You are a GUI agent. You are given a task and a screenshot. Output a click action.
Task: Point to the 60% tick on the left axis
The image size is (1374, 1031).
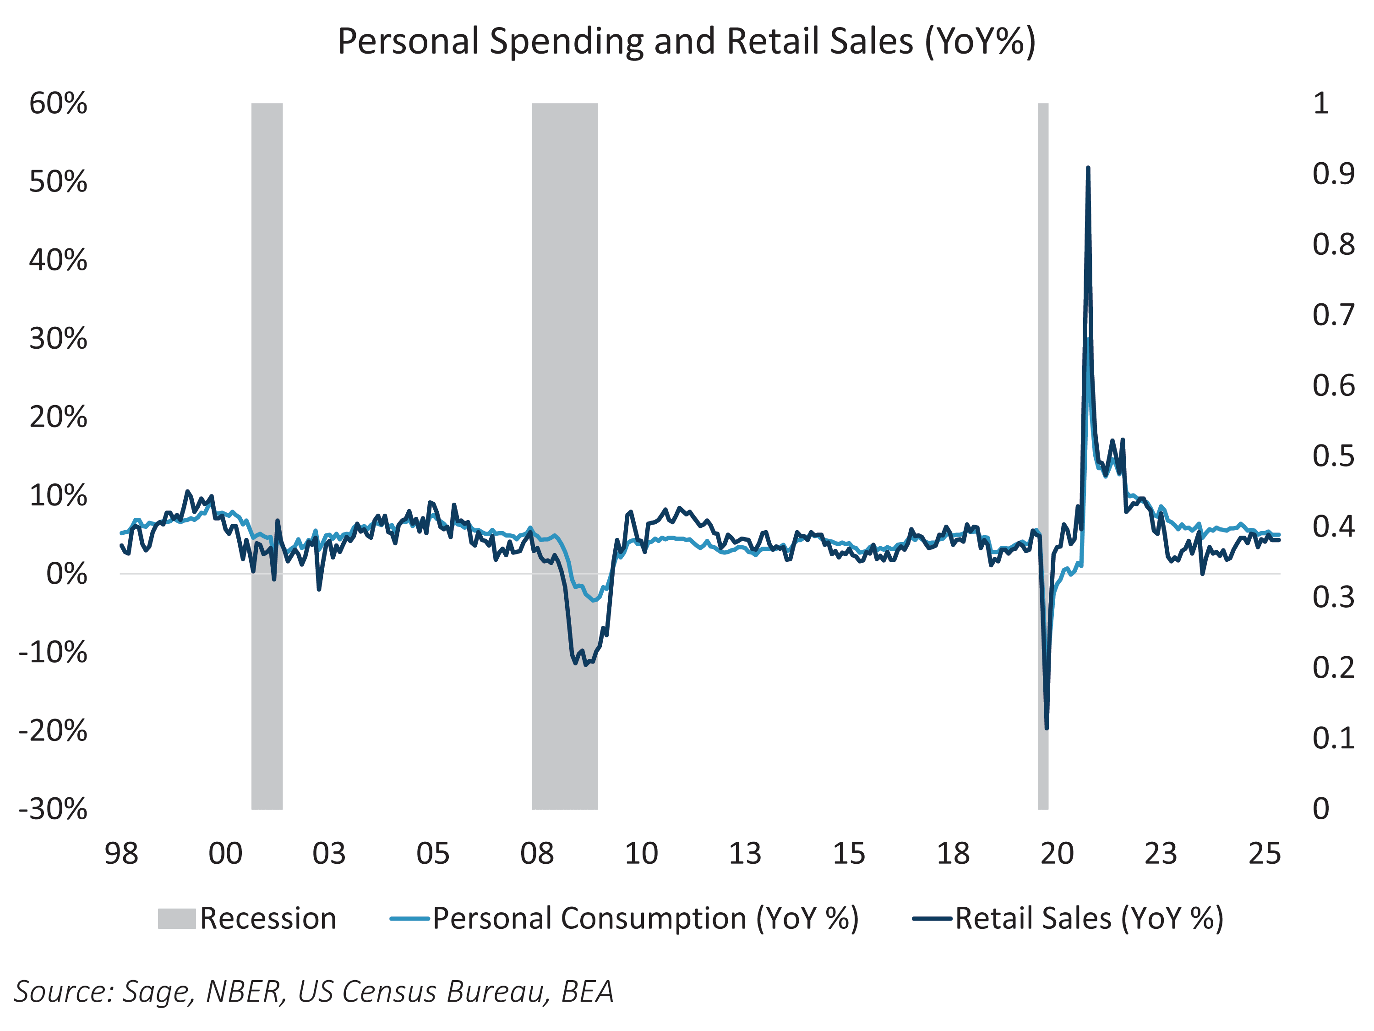(58, 103)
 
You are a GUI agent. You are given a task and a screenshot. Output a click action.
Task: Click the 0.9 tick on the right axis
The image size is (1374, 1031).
(1333, 174)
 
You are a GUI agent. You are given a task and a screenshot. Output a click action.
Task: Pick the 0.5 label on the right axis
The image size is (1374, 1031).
(1333, 456)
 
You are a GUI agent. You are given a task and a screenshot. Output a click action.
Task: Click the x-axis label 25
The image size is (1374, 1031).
(1265, 854)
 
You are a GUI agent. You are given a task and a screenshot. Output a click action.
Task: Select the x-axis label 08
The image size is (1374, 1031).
(537, 854)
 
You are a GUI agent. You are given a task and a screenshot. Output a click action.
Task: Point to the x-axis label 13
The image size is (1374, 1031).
(745, 854)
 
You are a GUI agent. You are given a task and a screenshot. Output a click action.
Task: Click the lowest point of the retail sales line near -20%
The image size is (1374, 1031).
(1047, 728)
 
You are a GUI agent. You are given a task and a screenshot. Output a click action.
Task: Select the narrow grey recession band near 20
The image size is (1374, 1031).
(1043, 435)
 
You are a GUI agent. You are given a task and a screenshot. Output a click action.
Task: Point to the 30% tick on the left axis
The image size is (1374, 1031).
(58, 339)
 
